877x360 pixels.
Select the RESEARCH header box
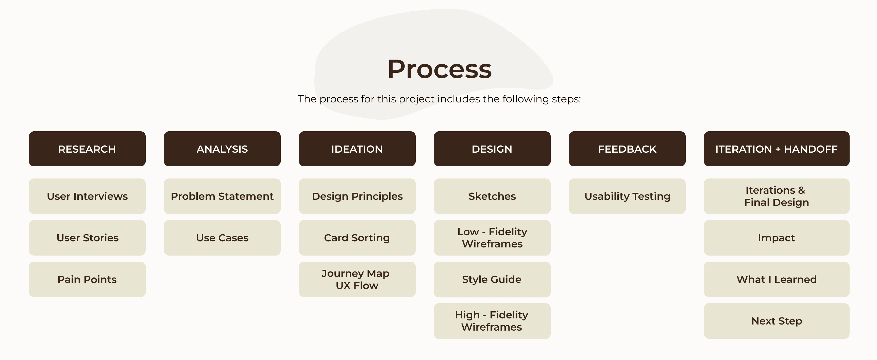(x=87, y=149)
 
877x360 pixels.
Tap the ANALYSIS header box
(x=222, y=149)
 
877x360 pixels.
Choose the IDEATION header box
(x=357, y=149)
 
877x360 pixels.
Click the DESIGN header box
(x=492, y=149)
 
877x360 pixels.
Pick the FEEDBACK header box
(x=627, y=149)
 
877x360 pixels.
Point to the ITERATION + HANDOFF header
(x=777, y=149)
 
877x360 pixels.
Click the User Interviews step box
(x=87, y=196)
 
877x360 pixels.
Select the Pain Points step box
(x=87, y=279)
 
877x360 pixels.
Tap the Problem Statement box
(x=222, y=196)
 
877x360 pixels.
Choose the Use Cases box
(x=222, y=238)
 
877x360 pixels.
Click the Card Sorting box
(x=357, y=238)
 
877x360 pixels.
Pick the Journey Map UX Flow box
(x=357, y=279)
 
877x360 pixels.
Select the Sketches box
(x=492, y=196)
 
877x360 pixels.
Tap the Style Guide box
(x=492, y=279)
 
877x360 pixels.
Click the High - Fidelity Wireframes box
(x=492, y=321)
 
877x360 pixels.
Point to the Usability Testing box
(x=627, y=196)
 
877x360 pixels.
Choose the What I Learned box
(x=777, y=279)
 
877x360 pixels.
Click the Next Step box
(x=777, y=321)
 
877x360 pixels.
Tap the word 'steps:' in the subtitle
(x=566, y=99)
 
